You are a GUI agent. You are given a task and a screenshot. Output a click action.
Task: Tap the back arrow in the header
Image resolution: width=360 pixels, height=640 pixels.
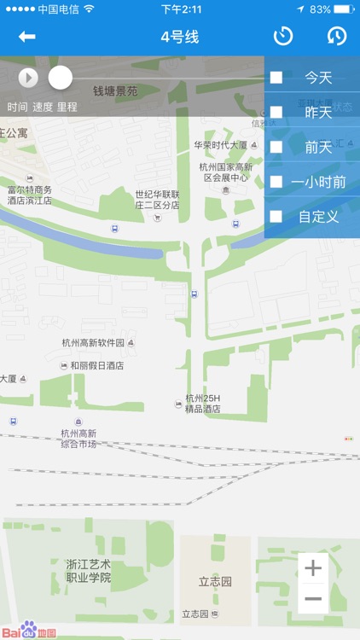tap(27, 37)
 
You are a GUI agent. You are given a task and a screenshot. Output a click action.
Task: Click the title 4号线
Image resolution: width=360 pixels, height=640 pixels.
tap(179, 37)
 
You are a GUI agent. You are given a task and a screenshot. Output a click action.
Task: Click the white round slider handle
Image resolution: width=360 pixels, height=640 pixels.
tap(61, 78)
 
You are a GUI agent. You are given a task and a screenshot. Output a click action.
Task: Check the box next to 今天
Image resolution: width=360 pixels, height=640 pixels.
tap(276, 78)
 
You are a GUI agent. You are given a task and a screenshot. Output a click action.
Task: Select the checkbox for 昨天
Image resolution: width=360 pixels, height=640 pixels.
tap(276, 112)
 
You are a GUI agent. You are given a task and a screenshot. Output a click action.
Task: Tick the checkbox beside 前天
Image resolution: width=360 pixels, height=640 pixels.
tap(276, 147)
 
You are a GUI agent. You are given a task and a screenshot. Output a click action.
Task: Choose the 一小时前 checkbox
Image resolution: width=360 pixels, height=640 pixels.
tap(276, 182)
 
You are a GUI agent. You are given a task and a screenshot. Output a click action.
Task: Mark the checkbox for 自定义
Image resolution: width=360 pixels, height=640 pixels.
tap(276, 217)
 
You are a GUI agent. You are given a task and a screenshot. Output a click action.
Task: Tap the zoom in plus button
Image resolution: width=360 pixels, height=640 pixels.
tap(313, 568)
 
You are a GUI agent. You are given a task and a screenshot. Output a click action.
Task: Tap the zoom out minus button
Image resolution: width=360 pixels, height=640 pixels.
tap(313, 598)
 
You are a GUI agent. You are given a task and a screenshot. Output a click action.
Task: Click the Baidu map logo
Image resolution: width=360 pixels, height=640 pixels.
tap(29, 631)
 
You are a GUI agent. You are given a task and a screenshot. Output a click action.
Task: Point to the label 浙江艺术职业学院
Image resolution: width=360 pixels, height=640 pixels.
tap(89, 571)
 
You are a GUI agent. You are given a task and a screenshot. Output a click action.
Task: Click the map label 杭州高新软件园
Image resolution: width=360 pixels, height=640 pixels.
tap(94, 343)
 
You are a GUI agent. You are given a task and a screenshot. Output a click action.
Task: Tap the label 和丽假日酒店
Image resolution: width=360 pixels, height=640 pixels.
tap(96, 365)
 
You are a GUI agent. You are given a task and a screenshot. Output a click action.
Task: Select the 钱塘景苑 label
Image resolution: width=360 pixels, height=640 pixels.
tap(115, 90)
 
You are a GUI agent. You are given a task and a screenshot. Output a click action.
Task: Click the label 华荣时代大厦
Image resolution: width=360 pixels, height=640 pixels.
tap(220, 145)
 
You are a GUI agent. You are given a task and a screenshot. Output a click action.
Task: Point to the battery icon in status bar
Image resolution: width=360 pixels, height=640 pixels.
tap(343, 9)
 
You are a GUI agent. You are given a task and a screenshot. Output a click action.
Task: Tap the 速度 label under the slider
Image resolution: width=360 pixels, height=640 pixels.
tap(43, 108)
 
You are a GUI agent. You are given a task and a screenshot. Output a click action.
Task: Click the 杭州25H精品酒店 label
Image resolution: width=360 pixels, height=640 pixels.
tap(203, 404)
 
